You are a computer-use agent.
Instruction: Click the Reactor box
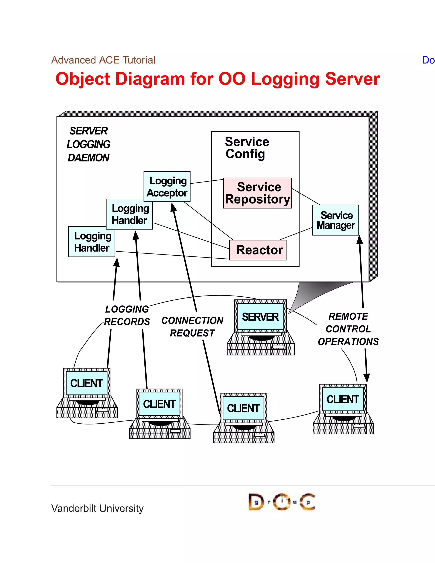tap(258, 250)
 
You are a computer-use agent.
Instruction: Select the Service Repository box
tap(257, 193)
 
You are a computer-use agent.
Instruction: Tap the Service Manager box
tap(335, 220)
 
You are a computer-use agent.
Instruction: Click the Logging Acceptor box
tap(167, 187)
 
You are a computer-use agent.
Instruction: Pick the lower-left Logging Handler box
tap(92, 242)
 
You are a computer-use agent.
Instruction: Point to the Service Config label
tap(247, 148)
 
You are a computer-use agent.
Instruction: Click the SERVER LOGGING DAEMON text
tap(88, 144)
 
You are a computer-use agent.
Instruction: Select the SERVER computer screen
tap(260, 317)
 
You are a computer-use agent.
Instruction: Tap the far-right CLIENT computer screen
tap(343, 399)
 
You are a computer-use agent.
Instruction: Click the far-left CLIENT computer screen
tap(87, 383)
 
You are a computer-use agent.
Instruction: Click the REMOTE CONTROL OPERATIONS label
tap(348, 329)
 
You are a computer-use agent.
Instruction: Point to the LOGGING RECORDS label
tap(127, 315)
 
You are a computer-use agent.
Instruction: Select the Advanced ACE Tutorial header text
tap(103, 60)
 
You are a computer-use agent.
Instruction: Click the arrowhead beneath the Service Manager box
tap(360, 239)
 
